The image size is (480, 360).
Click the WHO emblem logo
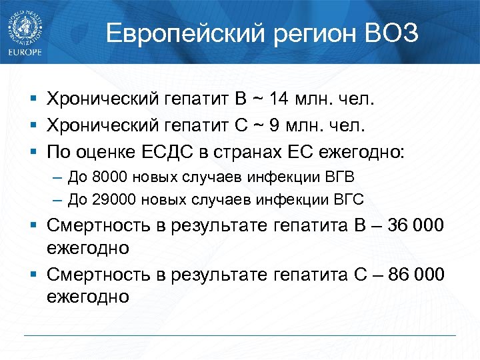click(x=25, y=26)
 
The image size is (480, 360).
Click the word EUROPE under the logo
click(x=25, y=52)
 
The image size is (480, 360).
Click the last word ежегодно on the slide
click(x=87, y=296)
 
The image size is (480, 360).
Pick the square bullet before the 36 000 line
click(x=33, y=225)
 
